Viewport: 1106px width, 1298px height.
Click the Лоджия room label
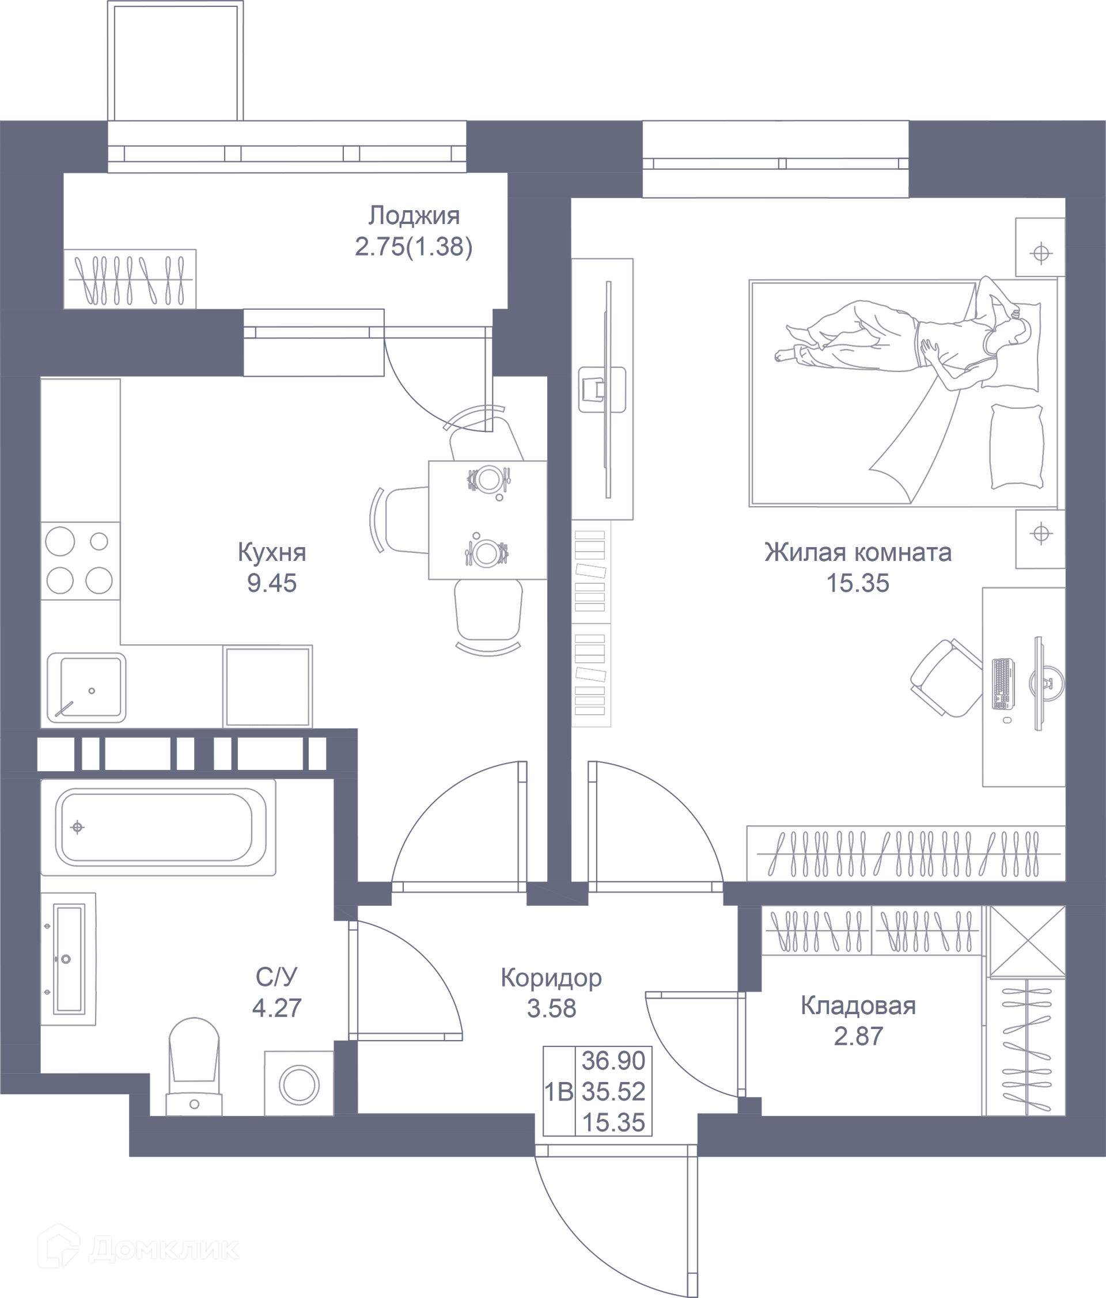(414, 215)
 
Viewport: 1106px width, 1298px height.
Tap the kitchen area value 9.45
(272, 583)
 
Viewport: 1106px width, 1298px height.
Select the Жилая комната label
(858, 552)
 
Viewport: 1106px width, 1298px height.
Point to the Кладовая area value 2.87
(858, 1036)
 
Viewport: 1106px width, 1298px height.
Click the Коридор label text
(551, 978)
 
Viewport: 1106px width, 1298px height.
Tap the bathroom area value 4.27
(277, 1008)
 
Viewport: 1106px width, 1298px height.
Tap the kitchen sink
(86, 688)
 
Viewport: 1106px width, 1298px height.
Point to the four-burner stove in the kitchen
(80, 561)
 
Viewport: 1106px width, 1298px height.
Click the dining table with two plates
(487, 520)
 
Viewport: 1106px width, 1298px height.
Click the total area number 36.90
(613, 1061)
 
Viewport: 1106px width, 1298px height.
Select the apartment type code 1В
(559, 1092)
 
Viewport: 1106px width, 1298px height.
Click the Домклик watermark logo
(138, 1248)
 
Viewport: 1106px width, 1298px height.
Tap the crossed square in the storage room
(1027, 942)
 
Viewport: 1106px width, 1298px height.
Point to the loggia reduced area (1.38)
(440, 247)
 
